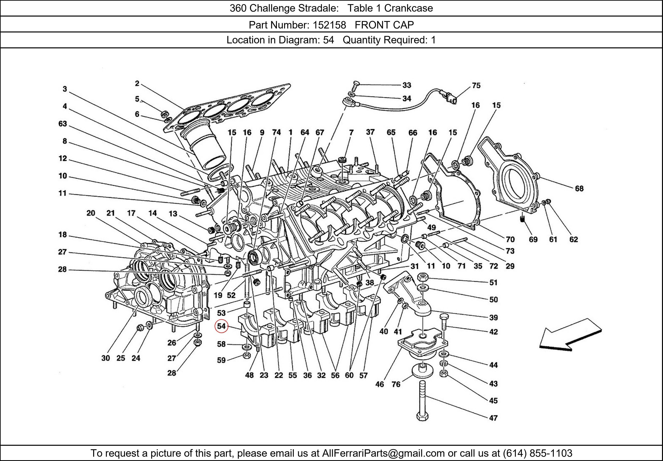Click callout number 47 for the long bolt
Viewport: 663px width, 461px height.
pyautogui.click(x=493, y=418)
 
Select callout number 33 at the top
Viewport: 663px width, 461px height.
pyautogui.click(x=407, y=85)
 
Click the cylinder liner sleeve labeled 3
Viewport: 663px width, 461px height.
pyautogui.click(x=205, y=150)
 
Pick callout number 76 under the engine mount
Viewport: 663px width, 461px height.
pyautogui.click(x=396, y=384)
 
